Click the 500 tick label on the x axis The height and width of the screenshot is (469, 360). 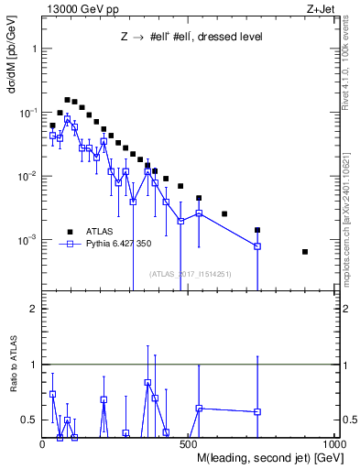tap(189, 444)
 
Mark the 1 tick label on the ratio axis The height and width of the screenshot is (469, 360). tap(34, 365)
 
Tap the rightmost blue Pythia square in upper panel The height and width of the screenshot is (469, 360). tap(257, 246)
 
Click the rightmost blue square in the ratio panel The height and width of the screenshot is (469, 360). tap(257, 411)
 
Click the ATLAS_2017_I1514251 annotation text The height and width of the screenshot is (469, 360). tap(191, 274)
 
